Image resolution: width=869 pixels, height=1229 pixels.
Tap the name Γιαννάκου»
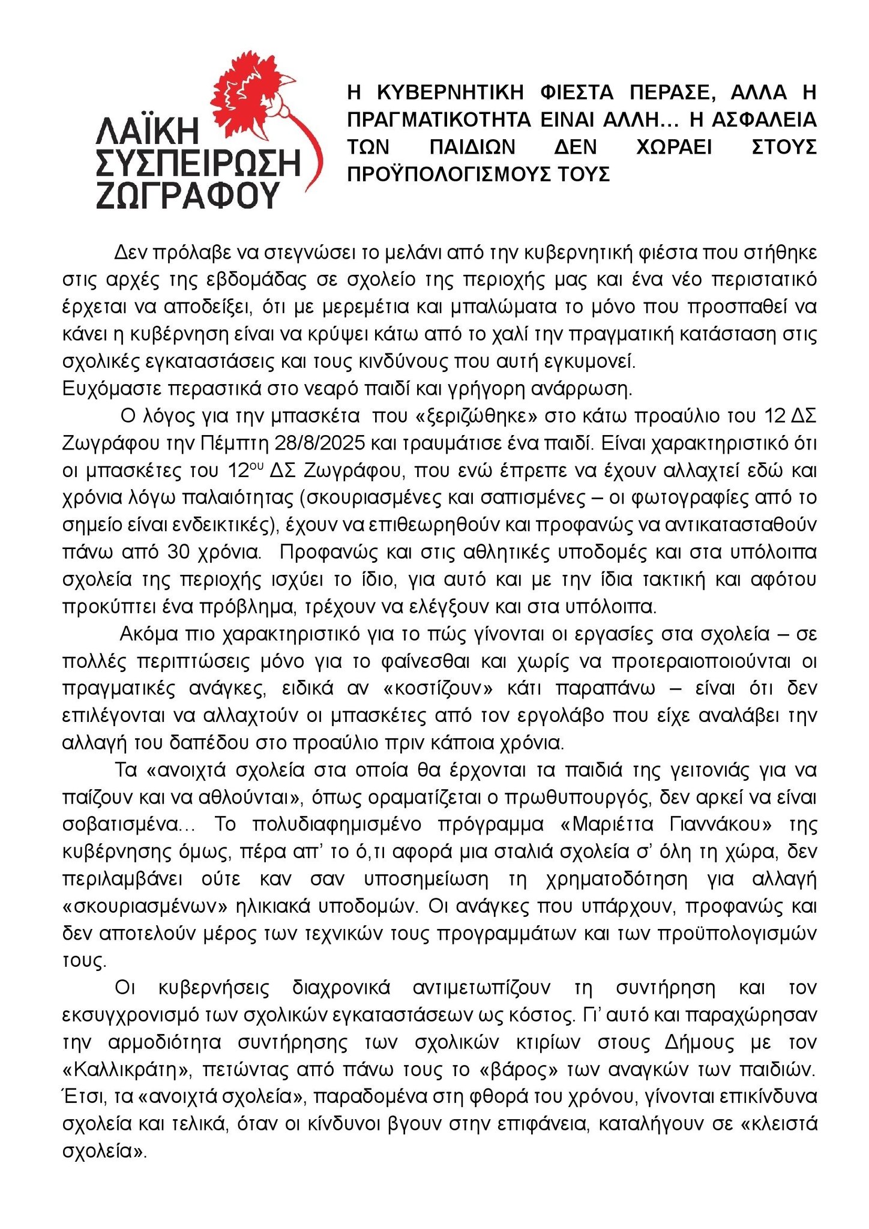click(720, 825)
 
